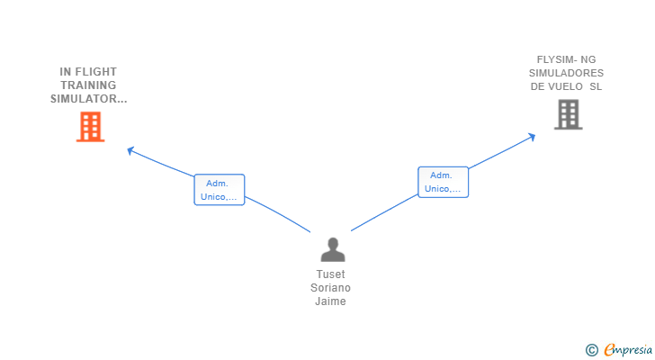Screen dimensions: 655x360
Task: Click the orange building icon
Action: tap(90, 127)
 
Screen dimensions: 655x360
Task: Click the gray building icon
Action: tap(568, 114)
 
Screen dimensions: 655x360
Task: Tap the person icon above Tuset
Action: tap(333, 249)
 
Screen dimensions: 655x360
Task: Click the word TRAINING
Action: tap(88, 85)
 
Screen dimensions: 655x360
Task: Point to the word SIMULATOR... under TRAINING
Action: tap(88, 99)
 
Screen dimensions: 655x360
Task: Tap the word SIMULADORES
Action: tap(567, 73)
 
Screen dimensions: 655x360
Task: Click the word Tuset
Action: tap(331, 274)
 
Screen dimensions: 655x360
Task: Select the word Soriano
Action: tap(331, 288)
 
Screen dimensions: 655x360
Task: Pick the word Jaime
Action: tap(331, 301)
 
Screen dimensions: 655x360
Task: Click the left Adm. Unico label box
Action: tap(219, 190)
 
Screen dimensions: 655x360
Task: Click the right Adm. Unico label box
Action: tap(443, 182)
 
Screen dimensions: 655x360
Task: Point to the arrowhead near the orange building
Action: tap(130, 149)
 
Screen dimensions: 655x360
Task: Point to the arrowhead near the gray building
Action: tap(532, 137)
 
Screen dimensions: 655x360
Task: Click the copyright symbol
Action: tap(591, 349)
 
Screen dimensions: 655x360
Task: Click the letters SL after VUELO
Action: tap(596, 86)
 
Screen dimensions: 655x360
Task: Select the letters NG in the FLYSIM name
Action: tap(588, 59)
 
